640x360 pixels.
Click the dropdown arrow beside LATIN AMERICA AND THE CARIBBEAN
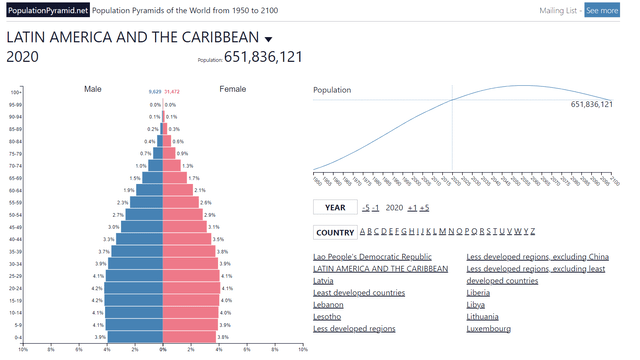tap(269, 39)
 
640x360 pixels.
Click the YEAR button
tap(335, 208)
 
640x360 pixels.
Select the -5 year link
tap(366, 208)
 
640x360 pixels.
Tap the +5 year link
tap(425, 208)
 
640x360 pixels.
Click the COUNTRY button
tap(335, 233)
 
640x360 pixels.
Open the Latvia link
tap(324, 281)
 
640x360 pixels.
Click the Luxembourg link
tap(489, 329)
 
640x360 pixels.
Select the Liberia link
tap(479, 293)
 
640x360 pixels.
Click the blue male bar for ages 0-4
tap(136, 337)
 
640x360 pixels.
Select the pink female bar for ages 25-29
tap(191, 276)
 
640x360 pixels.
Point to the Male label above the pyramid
tap(93, 90)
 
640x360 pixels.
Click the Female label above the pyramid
tap(233, 90)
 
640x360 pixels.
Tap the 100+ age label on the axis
tap(15, 92)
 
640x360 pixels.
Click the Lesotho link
tap(328, 317)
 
